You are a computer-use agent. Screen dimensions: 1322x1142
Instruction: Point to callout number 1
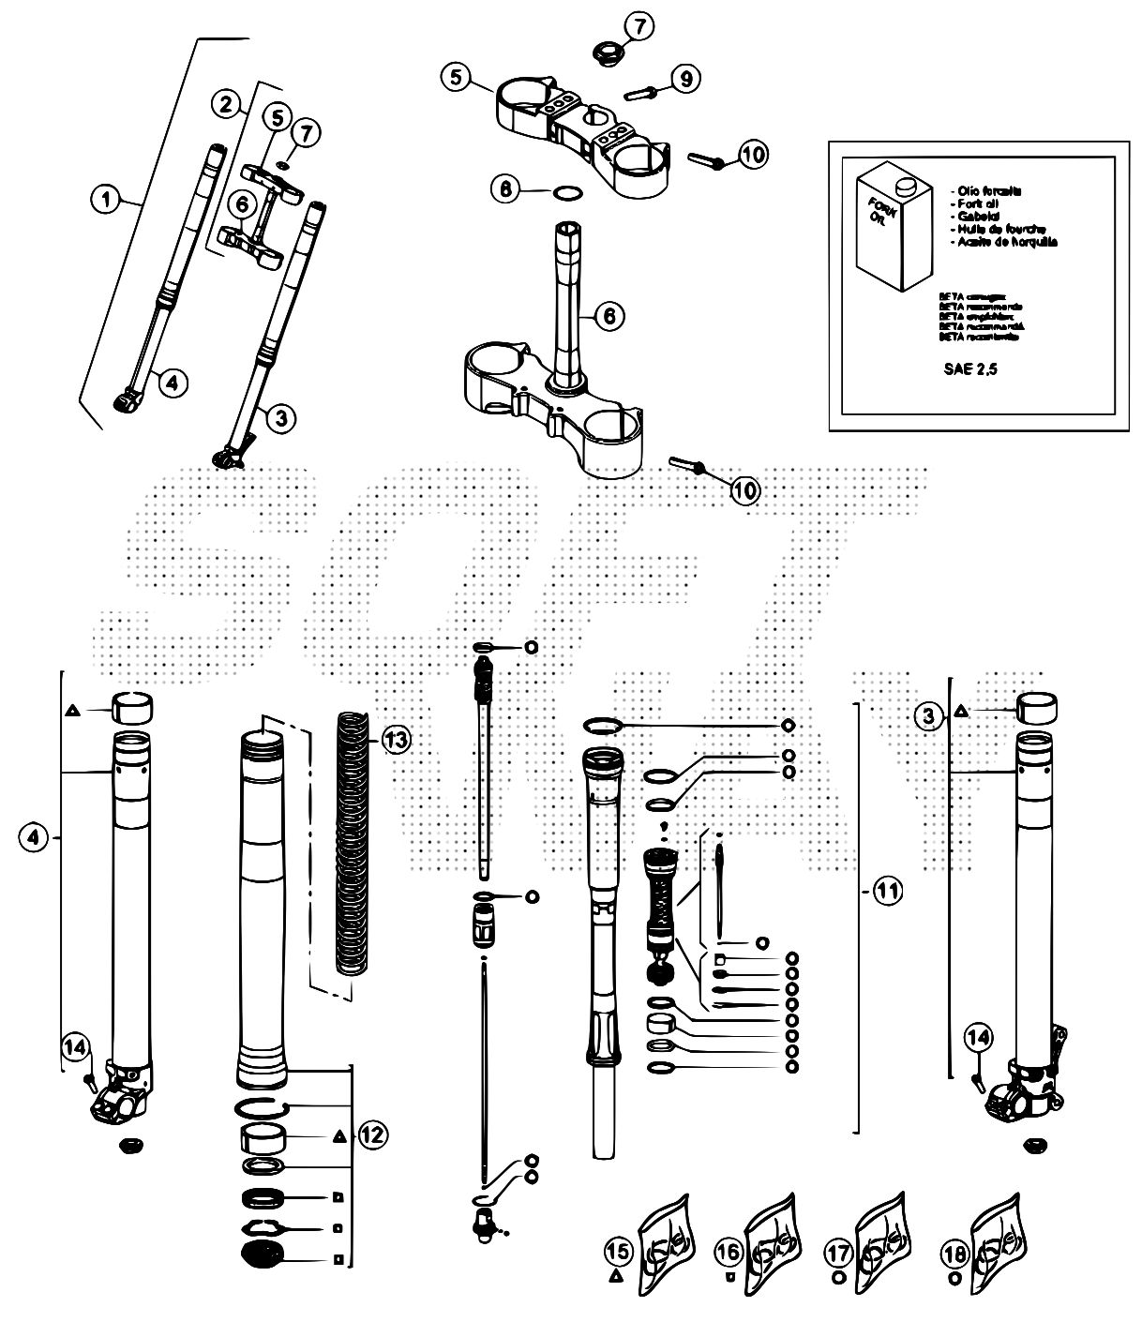[x=107, y=199]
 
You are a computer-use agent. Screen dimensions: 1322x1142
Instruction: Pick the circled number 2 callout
[x=224, y=105]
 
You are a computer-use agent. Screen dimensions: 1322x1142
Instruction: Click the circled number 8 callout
[x=506, y=188]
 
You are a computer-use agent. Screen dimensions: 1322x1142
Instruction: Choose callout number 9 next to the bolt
[x=685, y=80]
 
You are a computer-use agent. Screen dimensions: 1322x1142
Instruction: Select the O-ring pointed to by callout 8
[x=566, y=194]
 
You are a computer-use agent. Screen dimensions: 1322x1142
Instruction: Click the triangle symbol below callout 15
[x=616, y=1276]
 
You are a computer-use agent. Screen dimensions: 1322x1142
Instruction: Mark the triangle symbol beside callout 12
[x=338, y=1136]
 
